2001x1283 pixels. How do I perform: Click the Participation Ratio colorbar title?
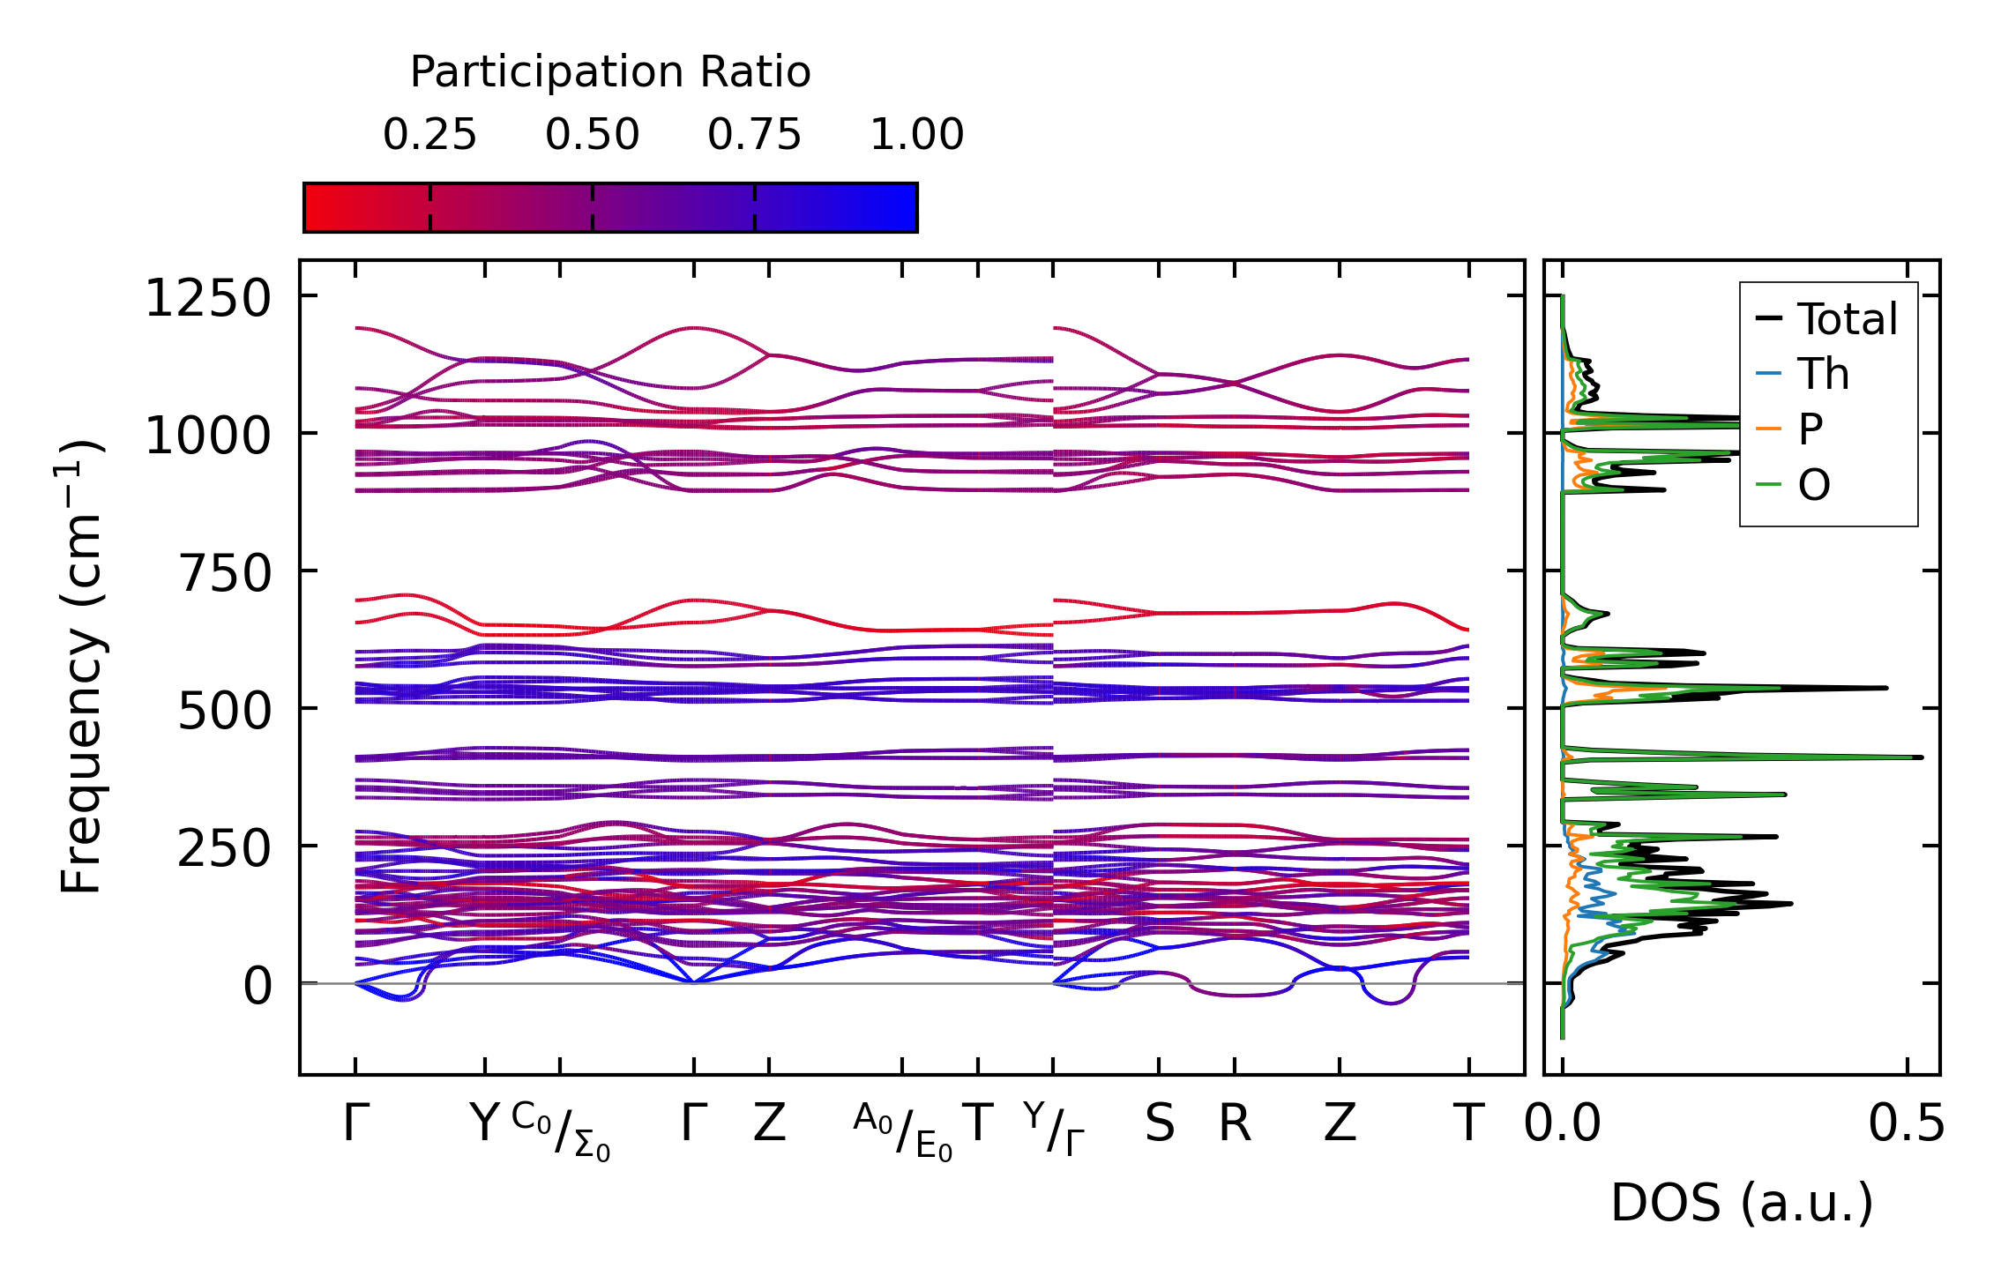[x=610, y=72]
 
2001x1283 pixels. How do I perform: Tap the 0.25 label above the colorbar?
[x=429, y=135]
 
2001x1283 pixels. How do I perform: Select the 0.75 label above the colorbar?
[x=754, y=135]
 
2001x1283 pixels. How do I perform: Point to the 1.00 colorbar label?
[x=916, y=135]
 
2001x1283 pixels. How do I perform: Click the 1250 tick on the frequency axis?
[x=208, y=298]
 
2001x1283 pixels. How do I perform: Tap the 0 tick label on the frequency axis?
[x=258, y=986]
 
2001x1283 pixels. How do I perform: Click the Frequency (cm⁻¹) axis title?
[x=82, y=667]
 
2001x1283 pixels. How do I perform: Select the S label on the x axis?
[x=1159, y=1123]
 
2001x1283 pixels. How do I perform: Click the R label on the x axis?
[x=1235, y=1123]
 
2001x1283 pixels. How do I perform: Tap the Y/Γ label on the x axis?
[x=1054, y=1129]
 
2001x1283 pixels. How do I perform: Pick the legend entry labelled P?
[x=1811, y=429]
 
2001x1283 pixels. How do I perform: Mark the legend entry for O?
[x=1813, y=485]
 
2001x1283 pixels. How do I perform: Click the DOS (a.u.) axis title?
[x=1742, y=1203]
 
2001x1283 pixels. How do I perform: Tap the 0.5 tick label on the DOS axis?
[x=1906, y=1124]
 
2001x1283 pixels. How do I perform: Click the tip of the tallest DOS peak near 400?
[x=1922, y=757]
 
